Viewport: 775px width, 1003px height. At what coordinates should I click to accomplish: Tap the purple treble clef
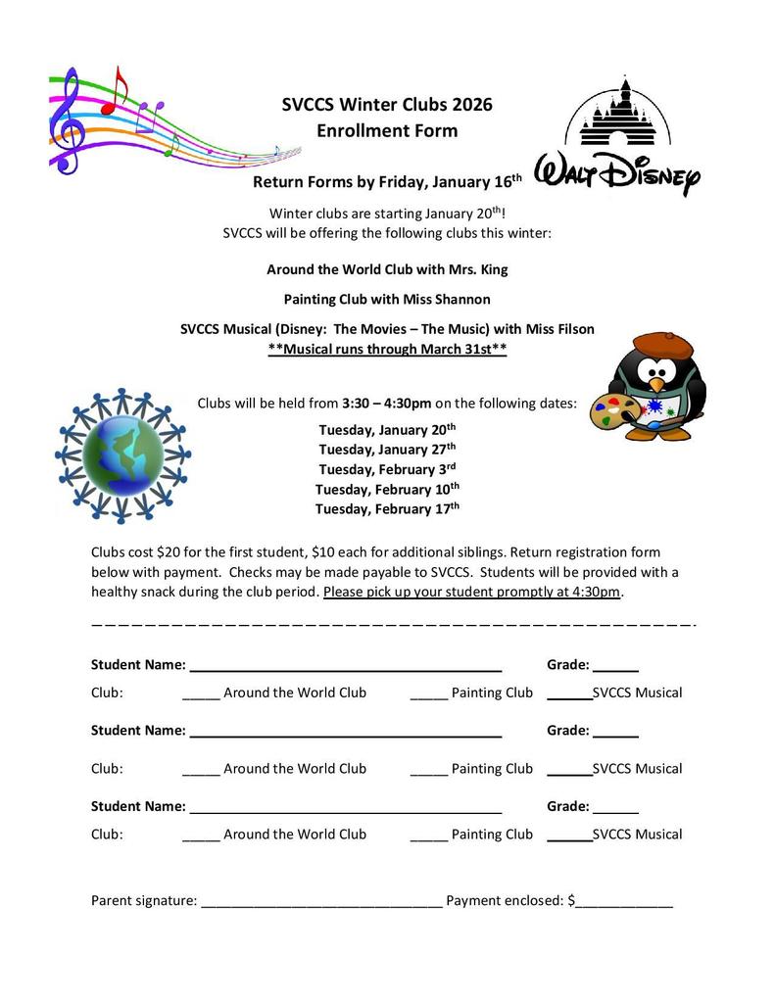[66, 120]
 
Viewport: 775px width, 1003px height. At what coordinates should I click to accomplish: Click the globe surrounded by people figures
[122, 454]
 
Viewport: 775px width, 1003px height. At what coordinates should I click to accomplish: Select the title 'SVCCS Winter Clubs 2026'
[387, 105]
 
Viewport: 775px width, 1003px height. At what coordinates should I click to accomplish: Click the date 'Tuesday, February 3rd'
[387, 469]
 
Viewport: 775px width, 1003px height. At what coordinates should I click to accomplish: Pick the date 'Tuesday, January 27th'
[387, 450]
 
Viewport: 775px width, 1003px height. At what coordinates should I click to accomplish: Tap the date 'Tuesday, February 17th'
[387, 508]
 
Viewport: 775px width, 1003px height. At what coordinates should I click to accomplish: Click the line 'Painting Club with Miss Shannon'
[387, 299]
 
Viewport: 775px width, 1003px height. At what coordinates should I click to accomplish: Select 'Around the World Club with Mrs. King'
[387, 269]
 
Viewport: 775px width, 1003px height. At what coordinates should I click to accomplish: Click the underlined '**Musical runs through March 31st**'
[387, 350]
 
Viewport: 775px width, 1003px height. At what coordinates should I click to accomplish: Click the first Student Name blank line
[345, 666]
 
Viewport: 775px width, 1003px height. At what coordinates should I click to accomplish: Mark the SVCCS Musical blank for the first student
[569, 694]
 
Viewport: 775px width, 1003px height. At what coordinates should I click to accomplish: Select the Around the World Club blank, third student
[201, 836]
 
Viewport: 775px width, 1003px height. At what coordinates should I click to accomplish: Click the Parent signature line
[321, 902]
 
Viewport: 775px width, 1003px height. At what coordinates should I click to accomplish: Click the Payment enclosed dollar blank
[624, 902]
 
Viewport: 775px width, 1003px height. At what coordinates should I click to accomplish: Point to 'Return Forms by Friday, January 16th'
[387, 182]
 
